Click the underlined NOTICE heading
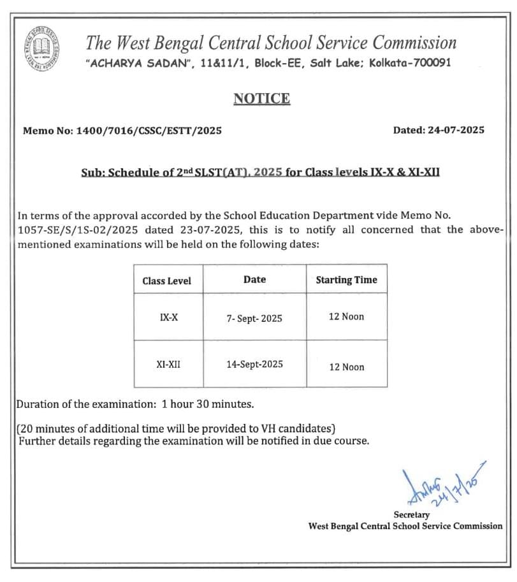click(x=261, y=99)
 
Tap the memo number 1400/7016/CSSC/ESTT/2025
click(x=149, y=131)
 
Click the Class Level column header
click(x=166, y=281)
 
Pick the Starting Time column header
click(x=346, y=280)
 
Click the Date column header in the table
click(x=254, y=280)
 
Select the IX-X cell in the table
click(x=168, y=317)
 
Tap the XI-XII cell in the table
click(x=168, y=365)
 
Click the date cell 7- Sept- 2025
click(x=254, y=317)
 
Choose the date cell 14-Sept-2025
click(x=254, y=365)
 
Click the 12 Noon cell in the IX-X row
click(x=346, y=317)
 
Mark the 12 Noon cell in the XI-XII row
click(x=346, y=367)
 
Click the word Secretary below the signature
click(x=412, y=514)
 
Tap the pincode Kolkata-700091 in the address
click(x=411, y=64)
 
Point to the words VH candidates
click(x=293, y=428)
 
